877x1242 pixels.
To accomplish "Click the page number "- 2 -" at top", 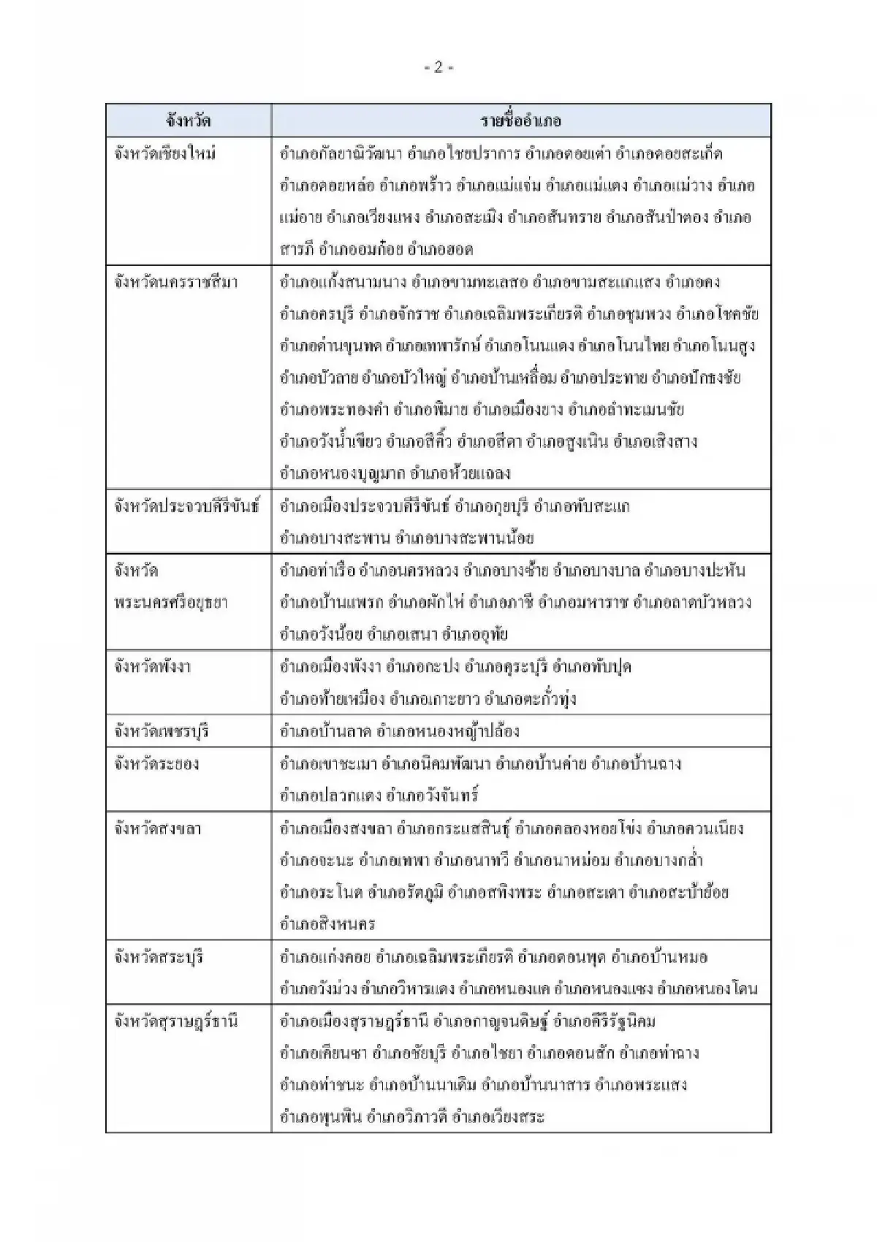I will [x=438, y=68].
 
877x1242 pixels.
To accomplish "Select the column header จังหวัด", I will [x=188, y=121].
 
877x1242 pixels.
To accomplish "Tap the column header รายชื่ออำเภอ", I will [x=521, y=121].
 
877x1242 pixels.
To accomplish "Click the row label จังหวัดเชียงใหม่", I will [x=165, y=154].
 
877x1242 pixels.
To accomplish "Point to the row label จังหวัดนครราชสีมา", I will [x=176, y=282].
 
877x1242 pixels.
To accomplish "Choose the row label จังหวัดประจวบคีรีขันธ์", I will [x=187, y=506].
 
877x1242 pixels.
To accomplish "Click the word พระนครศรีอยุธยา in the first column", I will [x=171, y=603].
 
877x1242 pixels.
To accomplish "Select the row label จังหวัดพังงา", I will [x=153, y=666].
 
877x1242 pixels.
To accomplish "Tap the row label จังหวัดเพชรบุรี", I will [x=162, y=731].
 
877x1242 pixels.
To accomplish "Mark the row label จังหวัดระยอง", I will [x=156, y=764].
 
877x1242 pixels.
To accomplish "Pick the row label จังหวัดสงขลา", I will [x=158, y=828].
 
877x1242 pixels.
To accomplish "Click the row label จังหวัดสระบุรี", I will [x=159, y=957].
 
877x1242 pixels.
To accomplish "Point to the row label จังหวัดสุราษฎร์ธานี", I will [x=176, y=1021].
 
